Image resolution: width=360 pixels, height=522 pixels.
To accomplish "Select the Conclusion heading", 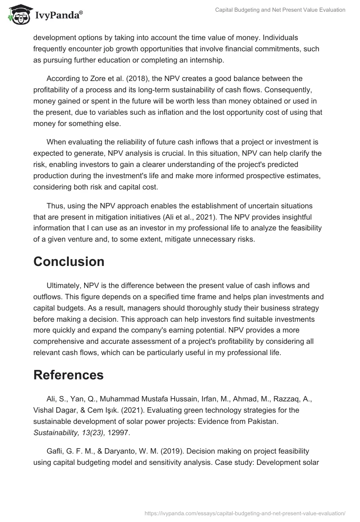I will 69,261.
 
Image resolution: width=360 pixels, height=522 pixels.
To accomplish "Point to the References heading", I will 68,375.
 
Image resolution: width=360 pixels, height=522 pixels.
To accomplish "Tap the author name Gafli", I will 55,451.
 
